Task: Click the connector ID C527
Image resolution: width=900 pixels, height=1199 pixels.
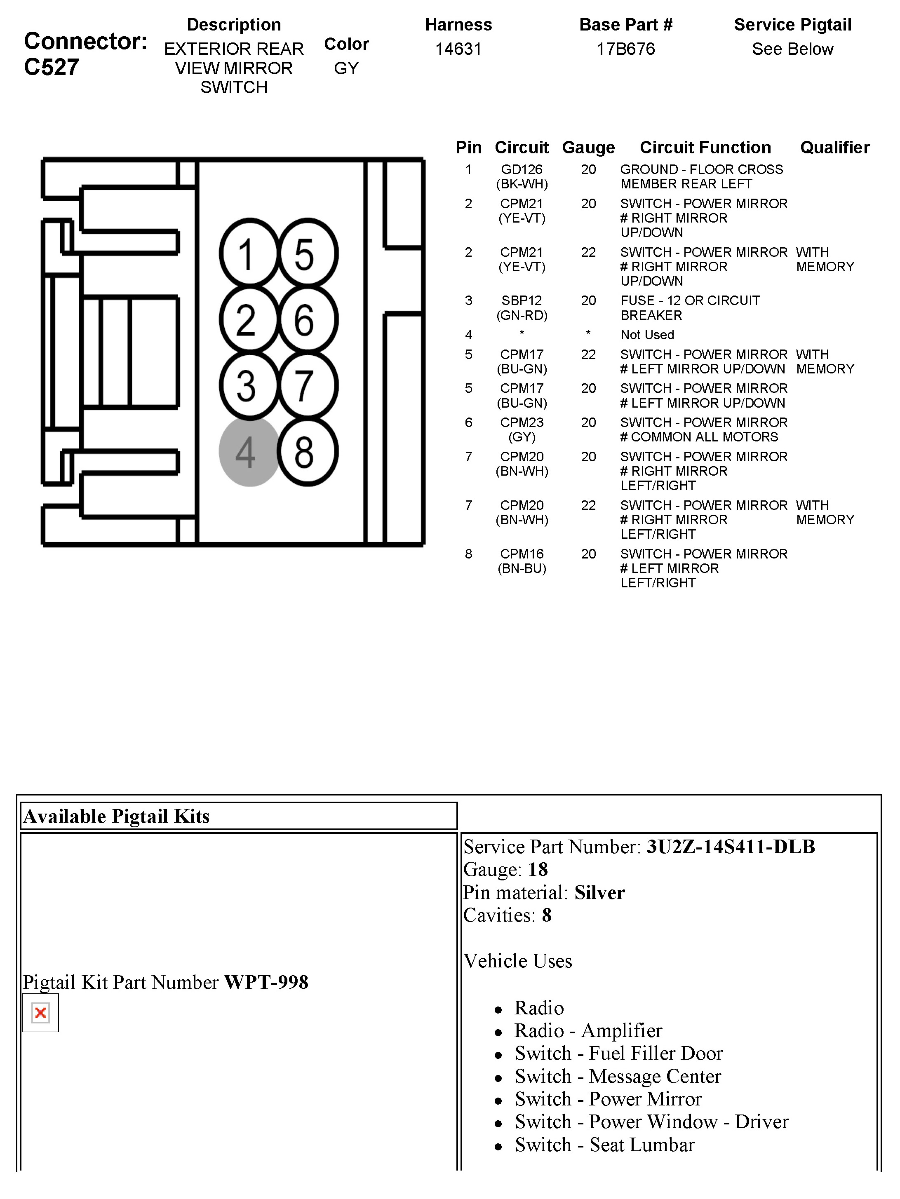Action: [52, 67]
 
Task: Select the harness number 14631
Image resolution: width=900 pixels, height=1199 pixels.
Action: [458, 49]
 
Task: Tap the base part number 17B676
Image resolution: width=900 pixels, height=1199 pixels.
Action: [626, 49]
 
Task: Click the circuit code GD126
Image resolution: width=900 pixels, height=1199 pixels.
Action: [522, 170]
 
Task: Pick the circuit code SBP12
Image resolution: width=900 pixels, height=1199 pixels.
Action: [522, 301]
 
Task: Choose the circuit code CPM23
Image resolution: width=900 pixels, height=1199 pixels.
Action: [522, 423]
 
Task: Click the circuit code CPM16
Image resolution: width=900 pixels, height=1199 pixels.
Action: [522, 554]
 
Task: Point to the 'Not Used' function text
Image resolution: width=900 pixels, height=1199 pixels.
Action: [647, 335]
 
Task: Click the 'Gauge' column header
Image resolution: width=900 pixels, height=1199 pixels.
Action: [588, 148]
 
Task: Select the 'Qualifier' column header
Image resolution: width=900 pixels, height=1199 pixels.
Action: [834, 148]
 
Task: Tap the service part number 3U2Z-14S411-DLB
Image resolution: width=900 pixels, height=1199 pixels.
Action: [730, 847]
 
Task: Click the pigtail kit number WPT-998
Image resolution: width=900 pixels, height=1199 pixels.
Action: [266, 982]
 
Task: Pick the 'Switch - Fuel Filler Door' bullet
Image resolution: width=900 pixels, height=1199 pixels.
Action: [618, 1053]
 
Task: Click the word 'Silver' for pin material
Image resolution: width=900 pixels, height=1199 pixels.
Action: [599, 892]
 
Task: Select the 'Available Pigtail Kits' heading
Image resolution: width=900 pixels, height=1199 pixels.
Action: [117, 817]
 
